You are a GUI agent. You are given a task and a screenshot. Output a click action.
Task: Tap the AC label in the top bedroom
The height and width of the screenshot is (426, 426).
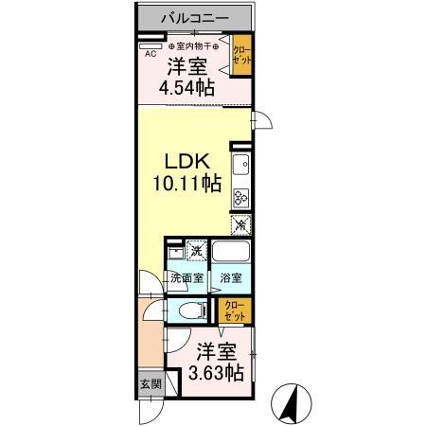[x=151, y=54]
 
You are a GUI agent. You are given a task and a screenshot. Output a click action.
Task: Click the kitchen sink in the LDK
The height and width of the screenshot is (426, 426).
[x=240, y=169]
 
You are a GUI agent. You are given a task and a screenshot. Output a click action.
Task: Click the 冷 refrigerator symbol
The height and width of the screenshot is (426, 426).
[x=240, y=225]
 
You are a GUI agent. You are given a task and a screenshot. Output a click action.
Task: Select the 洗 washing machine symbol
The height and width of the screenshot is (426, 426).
[x=196, y=251]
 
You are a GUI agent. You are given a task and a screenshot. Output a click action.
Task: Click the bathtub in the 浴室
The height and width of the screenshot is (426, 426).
[x=230, y=253]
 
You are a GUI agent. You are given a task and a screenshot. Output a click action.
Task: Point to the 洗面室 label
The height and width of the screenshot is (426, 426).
[x=186, y=279]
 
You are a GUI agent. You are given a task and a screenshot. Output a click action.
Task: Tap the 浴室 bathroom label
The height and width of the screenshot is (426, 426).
[x=230, y=279]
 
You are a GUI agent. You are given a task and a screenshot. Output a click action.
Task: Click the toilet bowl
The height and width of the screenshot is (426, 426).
[x=189, y=310]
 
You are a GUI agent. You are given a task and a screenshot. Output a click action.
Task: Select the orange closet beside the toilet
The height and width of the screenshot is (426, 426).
[x=232, y=310]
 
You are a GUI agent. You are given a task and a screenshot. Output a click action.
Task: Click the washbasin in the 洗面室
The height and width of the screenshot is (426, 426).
[x=175, y=255]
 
